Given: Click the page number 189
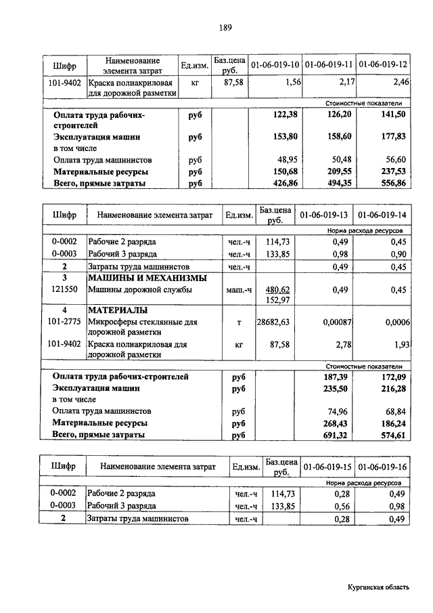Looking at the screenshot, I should tap(225, 28).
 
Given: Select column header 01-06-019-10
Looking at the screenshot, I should tap(275, 66).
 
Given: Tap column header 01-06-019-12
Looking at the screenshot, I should tap(383, 66).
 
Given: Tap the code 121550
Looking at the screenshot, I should tap(65, 290).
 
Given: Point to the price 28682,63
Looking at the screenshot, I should tap(273, 322).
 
